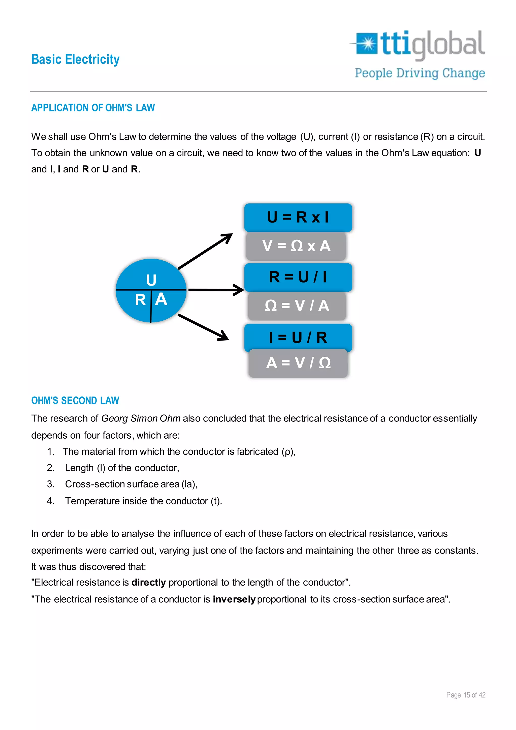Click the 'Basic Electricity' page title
click(x=75, y=59)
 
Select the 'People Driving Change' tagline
click(x=420, y=73)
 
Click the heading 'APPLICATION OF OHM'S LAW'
click(x=93, y=108)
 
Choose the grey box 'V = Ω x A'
click(x=296, y=246)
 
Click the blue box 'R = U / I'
click(x=298, y=277)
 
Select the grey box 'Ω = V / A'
click(x=297, y=306)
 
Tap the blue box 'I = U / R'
click(x=298, y=337)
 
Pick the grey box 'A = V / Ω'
click(x=298, y=363)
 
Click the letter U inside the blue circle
click(x=151, y=280)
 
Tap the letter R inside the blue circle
click(x=140, y=300)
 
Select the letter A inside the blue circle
click(x=161, y=299)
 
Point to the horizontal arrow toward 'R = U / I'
click(x=216, y=290)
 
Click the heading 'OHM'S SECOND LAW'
click(x=75, y=401)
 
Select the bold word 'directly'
click(x=149, y=583)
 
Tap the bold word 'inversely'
click(x=234, y=599)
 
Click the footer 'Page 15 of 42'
click(x=466, y=695)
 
